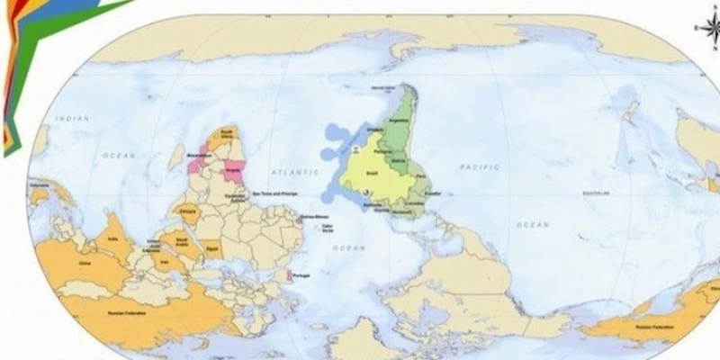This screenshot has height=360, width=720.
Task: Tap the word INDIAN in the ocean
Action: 72,119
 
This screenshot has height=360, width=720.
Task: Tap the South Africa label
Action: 228,136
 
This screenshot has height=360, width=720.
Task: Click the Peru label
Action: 421,179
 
